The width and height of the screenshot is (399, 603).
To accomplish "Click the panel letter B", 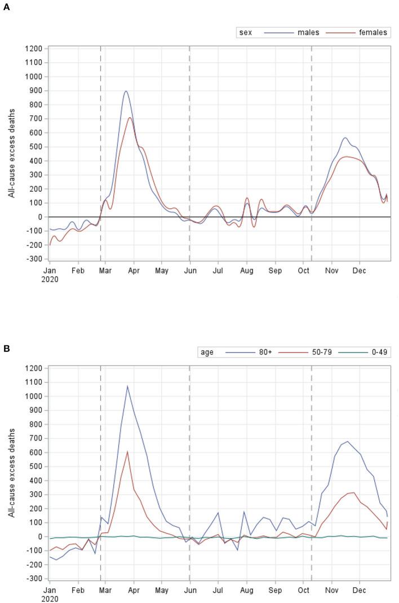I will point(6,348).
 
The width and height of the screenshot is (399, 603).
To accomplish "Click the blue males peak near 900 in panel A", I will point(126,91).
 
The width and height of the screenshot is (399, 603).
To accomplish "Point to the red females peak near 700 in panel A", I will point(130,117).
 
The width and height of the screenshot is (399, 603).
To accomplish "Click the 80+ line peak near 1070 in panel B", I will point(127,386).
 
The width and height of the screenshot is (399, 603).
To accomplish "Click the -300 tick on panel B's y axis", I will point(35,579).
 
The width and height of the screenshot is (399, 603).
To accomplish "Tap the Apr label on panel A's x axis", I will point(134,271).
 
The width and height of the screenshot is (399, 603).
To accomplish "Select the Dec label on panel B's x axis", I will point(359,591).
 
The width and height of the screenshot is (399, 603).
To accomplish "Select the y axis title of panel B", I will point(11,473).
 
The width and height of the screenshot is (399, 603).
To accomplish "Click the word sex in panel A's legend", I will point(246,33).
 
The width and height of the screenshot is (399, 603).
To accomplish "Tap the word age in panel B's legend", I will point(207,353).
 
